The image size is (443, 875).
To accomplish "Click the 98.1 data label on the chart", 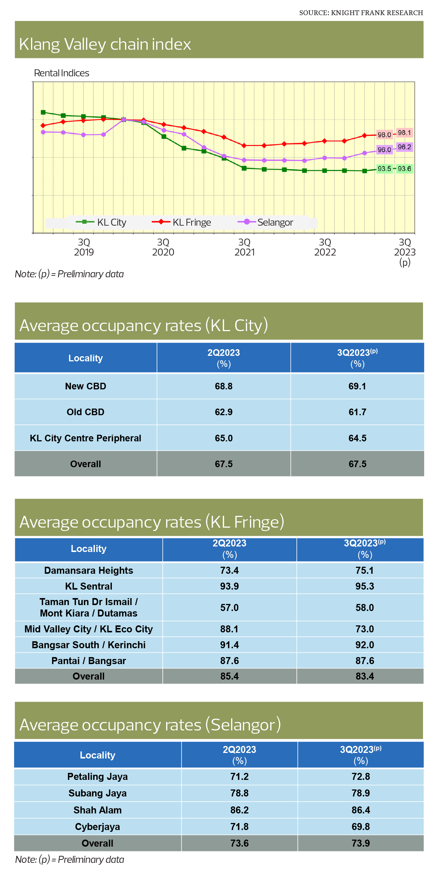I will coord(404,133).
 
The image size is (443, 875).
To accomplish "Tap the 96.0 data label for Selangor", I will coord(384,150).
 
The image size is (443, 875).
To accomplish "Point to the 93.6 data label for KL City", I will coord(404,169).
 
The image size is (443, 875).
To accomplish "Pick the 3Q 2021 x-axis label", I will coord(244,247).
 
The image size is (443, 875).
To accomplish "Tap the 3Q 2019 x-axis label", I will coord(84,247).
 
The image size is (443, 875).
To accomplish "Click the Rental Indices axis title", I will coord(62,73).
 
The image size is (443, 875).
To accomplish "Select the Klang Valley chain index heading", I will coord(105,44).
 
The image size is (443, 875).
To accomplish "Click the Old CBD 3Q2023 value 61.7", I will coord(357,412).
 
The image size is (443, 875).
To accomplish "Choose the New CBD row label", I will coord(86,386).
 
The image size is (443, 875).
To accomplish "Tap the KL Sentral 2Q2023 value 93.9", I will coord(229,586).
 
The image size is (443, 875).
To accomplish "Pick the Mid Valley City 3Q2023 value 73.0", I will coord(364,629).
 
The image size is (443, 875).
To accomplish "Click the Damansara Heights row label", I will coord(89,570).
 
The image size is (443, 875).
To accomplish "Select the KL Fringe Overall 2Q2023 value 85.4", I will coord(229,676).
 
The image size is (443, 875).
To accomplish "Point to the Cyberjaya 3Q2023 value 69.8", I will coord(361,827).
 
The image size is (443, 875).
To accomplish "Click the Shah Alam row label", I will coord(97,810).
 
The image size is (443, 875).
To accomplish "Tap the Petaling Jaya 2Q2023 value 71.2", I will coord(239,777).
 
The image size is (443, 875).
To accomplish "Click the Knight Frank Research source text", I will coord(361,13).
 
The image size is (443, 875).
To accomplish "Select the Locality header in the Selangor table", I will coord(97,755).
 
